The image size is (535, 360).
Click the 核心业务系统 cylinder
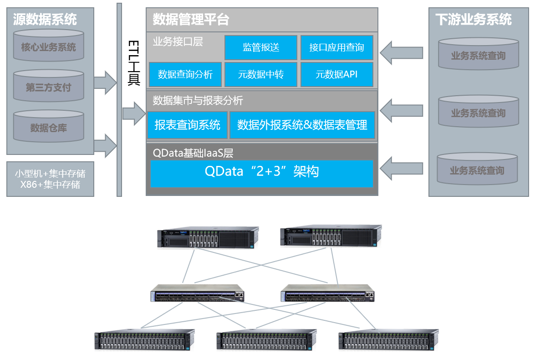tap(49, 46)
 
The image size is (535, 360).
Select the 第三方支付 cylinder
tap(49, 87)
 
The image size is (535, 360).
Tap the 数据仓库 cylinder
tap(49, 127)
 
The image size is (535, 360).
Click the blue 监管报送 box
tap(261, 47)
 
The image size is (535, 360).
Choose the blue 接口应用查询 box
tap(336, 47)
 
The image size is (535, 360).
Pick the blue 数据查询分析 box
tap(185, 74)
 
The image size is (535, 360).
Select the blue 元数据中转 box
tap(261, 74)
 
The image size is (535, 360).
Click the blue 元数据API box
tap(336, 74)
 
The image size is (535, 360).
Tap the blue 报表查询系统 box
tap(187, 125)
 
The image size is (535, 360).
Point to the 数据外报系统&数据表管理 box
tap(302, 125)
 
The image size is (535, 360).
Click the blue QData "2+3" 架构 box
tap(262, 172)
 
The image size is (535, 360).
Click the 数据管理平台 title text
tap(191, 20)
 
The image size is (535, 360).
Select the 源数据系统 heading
tap(45, 19)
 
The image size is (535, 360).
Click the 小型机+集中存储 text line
tap(50, 174)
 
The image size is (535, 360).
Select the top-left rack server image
tap(208, 237)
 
